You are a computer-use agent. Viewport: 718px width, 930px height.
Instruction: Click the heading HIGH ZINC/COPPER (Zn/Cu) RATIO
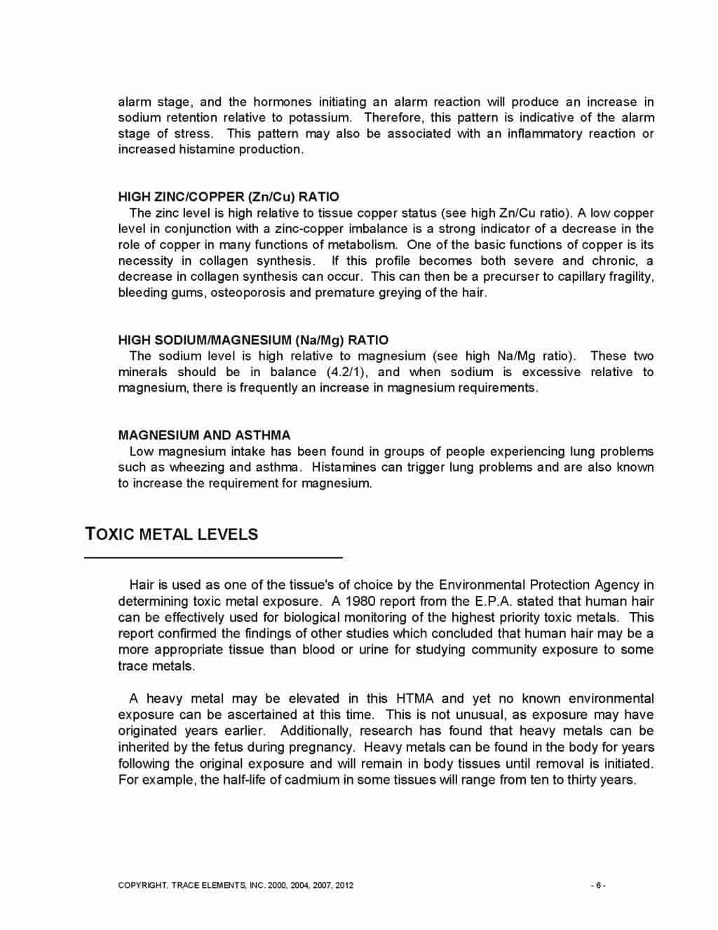tap(229, 197)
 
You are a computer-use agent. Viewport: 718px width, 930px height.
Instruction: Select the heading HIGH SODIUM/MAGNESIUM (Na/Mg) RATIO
tap(253, 340)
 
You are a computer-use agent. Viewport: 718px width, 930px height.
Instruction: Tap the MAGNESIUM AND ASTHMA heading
tap(204, 435)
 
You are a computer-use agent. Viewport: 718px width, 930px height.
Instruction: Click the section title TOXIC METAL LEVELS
tap(172, 534)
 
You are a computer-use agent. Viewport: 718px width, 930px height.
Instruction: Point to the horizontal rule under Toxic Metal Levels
tap(214, 557)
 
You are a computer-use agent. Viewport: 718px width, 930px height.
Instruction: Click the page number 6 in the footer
tap(598, 885)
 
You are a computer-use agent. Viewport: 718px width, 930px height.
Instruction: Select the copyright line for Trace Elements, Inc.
tap(236, 885)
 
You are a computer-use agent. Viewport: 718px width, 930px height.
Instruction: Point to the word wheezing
tap(196, 467)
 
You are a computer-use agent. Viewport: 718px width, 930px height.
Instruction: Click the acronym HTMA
tap(414, 699)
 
